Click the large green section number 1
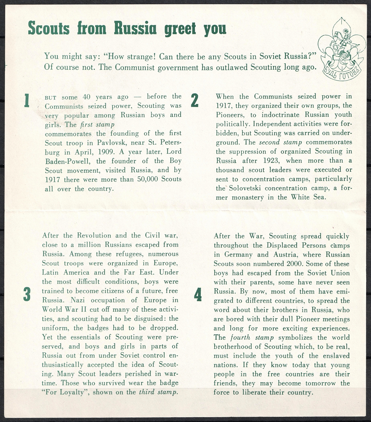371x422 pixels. [x=27, y=100]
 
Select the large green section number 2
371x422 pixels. [x=195, y=100]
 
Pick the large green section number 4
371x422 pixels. [x=198, y=294]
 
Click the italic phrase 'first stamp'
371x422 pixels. [x=97, y=124]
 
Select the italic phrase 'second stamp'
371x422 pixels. [x=280, y=142]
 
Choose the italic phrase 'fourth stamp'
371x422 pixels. [x=252, y=337]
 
